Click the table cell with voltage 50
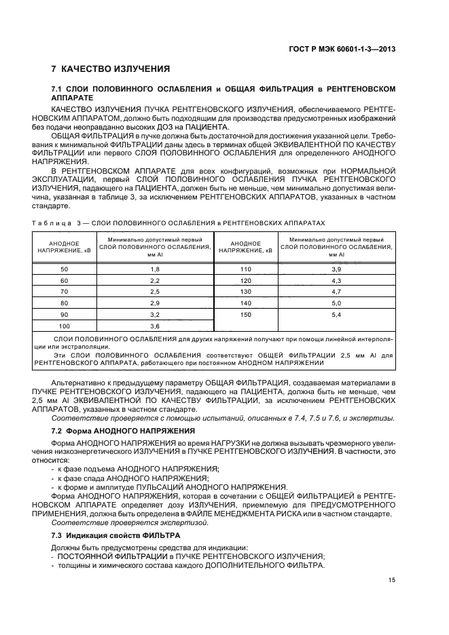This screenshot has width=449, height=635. click(65, 269)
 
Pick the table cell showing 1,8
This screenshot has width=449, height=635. click(154, 269)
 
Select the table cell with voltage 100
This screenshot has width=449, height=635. click(65, 326)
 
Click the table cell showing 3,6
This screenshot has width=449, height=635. click(154, 326)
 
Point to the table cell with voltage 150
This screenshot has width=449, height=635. click(245, 315)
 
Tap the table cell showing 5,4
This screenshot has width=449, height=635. click(336, 315)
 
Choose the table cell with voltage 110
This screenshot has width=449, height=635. click(245, 269)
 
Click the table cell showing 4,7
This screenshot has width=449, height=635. click(336, 292)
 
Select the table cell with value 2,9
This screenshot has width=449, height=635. click(154, 303)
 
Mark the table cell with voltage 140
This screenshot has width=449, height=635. click(245, 303)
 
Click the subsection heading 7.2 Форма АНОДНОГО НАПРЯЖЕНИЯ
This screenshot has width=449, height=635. click(123, 431)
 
